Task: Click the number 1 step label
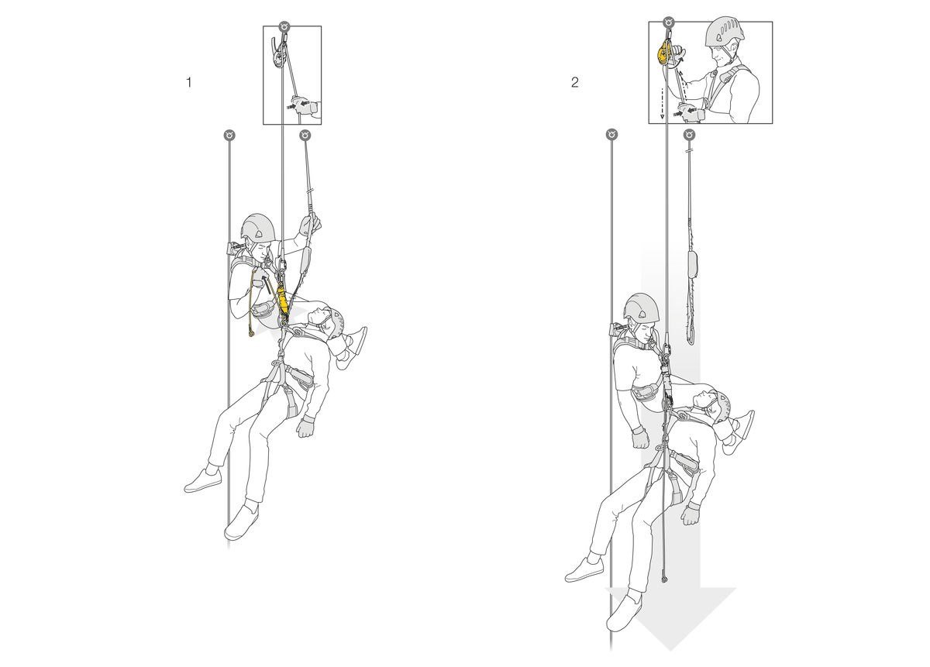(189, 83)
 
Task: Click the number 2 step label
(574, 83)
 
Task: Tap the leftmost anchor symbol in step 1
(229, 135)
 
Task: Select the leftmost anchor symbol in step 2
(612, 135)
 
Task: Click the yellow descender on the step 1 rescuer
(282, 300)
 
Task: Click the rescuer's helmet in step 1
(258, 228)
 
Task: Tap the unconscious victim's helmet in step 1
(335, 323)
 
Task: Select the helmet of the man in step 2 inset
(725, 31)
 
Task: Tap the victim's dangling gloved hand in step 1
(306, 427)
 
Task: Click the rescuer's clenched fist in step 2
(640, 438)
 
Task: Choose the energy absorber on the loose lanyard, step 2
(693, 263)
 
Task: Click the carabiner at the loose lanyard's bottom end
(691, 338)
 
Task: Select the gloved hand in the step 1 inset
(304, 106)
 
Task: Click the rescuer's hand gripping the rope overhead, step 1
(310, 224)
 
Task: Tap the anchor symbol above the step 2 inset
(669, 22)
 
